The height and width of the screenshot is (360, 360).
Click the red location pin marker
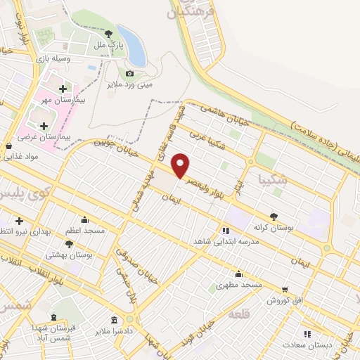point(181,165)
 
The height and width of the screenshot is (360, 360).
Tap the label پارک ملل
point(109,44)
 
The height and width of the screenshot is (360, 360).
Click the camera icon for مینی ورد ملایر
point(129,73)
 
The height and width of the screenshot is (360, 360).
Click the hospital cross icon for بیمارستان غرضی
point(44,125)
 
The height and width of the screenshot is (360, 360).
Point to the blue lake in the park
point(131,46)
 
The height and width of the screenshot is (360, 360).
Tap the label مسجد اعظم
point(85,231)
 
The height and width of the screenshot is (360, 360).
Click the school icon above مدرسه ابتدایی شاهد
point(225,230)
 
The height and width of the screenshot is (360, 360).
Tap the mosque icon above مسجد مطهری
point(238,274)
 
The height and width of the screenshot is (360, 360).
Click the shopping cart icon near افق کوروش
point(285,289)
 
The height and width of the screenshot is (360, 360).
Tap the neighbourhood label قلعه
point(238,314)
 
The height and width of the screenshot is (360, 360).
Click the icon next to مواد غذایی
point(8,146)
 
